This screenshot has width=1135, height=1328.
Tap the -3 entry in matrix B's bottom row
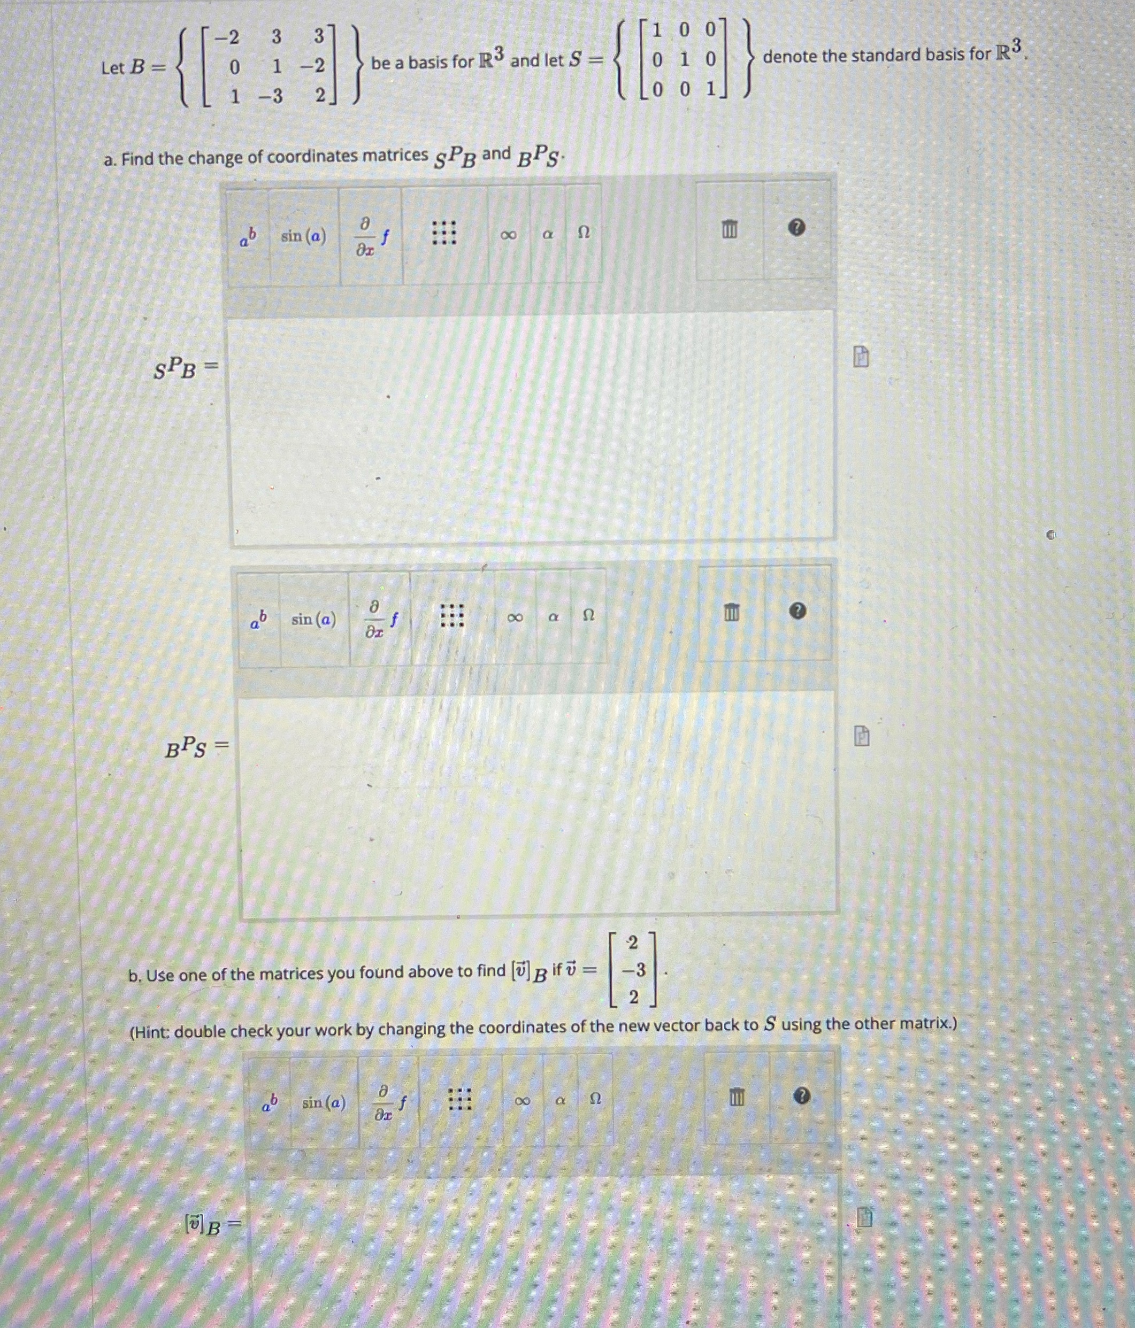point(271,97)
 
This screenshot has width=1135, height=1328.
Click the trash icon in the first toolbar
point(729,229)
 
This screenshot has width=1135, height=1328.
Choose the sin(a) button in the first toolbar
point(303,236)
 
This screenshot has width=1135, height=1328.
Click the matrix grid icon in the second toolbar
point(452,616)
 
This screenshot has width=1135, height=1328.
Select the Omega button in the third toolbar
point(595,1099)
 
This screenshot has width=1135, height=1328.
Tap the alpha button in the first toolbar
point(548,235)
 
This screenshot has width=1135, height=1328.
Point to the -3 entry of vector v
point(633,970)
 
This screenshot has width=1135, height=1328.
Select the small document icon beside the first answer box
point(861,357)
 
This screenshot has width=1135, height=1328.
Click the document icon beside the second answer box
point(862,736)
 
